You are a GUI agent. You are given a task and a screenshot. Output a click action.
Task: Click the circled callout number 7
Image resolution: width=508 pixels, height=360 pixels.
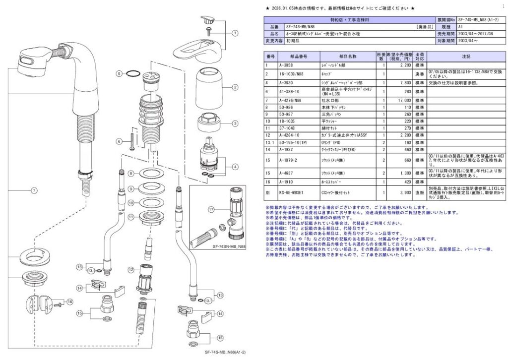pyautogui.click(x=34, y=190)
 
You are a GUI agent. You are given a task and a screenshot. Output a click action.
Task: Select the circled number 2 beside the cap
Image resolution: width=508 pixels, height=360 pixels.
pyautogui.click(x=235, y=87)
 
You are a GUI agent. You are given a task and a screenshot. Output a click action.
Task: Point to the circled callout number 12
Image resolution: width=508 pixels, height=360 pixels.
pyautogui.click(x=130, y=270)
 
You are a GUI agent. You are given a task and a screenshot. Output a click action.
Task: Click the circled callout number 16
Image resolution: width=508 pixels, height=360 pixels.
pyautogui.click(x=69, y=301)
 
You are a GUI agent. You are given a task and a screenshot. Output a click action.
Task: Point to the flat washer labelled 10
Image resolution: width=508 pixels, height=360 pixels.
pyautogui.click(x=148, y=202)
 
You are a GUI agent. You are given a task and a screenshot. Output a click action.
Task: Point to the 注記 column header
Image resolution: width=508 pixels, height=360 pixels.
pyautogui.click(x=465, y=57)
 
